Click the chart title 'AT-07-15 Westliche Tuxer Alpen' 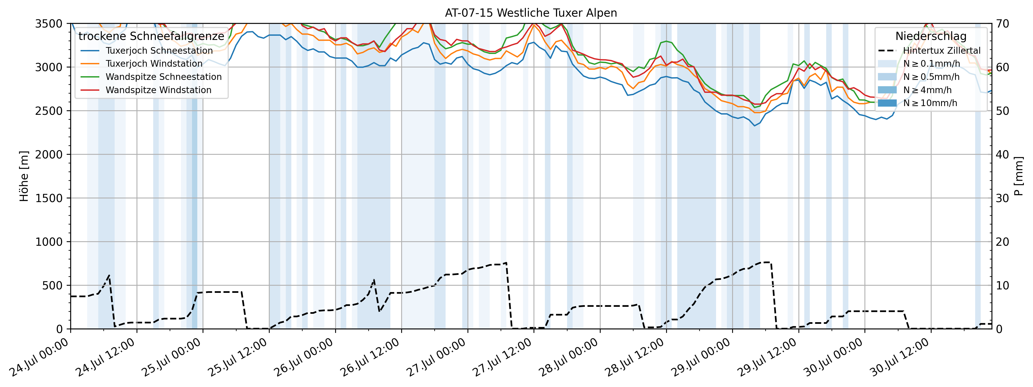click(531, 13)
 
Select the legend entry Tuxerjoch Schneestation click(159, 51)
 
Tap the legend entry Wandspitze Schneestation click(163, 77)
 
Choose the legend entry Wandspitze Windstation click(158, 90)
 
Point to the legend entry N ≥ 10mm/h click(930, 103)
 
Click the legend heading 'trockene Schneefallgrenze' click(151, 36)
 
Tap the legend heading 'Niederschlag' click(931, 36)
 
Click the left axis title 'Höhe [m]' click(24, 176)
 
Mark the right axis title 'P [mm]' click(1018, 176)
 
